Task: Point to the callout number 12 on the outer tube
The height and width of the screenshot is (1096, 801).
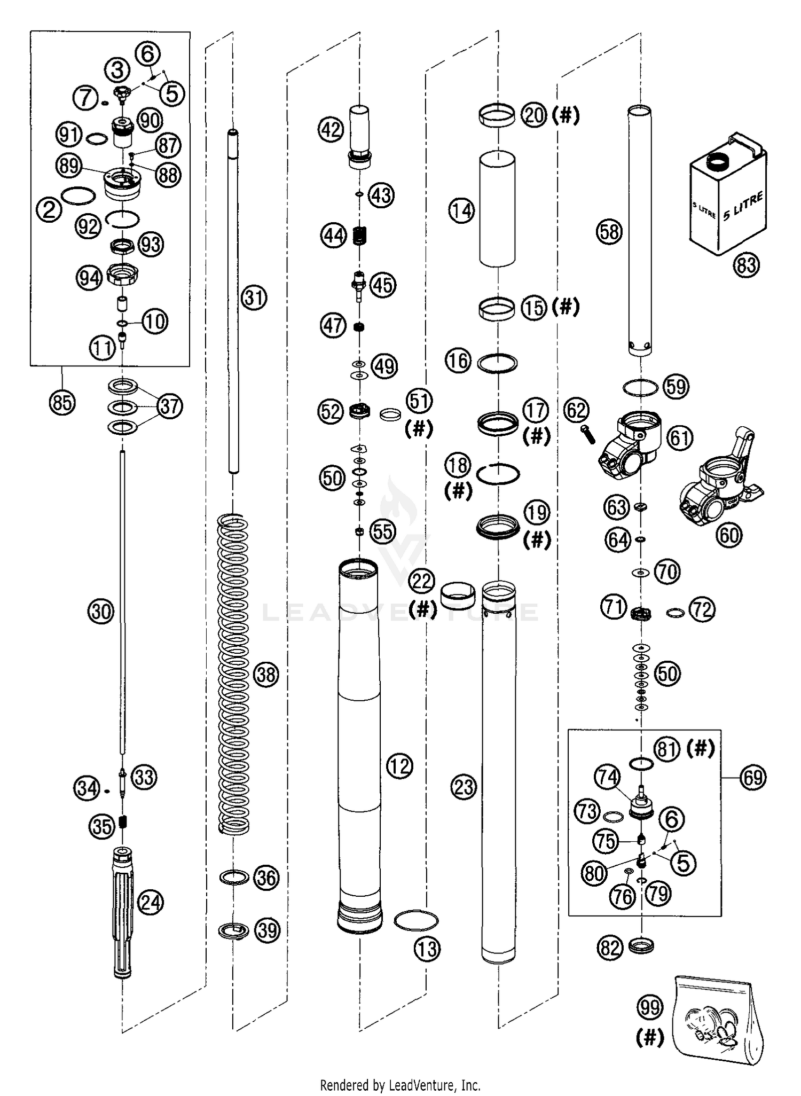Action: click(399, 766)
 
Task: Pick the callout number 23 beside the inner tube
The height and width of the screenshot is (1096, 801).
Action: click(463, 786)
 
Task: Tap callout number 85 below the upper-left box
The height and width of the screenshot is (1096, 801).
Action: click(62, 402)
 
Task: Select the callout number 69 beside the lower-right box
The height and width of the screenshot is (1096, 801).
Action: click(753, 777)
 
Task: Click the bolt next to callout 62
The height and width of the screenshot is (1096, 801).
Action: click(587, 434)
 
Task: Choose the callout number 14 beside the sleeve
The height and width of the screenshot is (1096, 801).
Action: click(461, 210)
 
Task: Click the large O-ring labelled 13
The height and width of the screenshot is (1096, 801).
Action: click(416, 920)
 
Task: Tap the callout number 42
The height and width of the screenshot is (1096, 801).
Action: click(331, 129)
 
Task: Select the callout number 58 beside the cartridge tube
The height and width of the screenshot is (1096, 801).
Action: click(609, 232)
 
